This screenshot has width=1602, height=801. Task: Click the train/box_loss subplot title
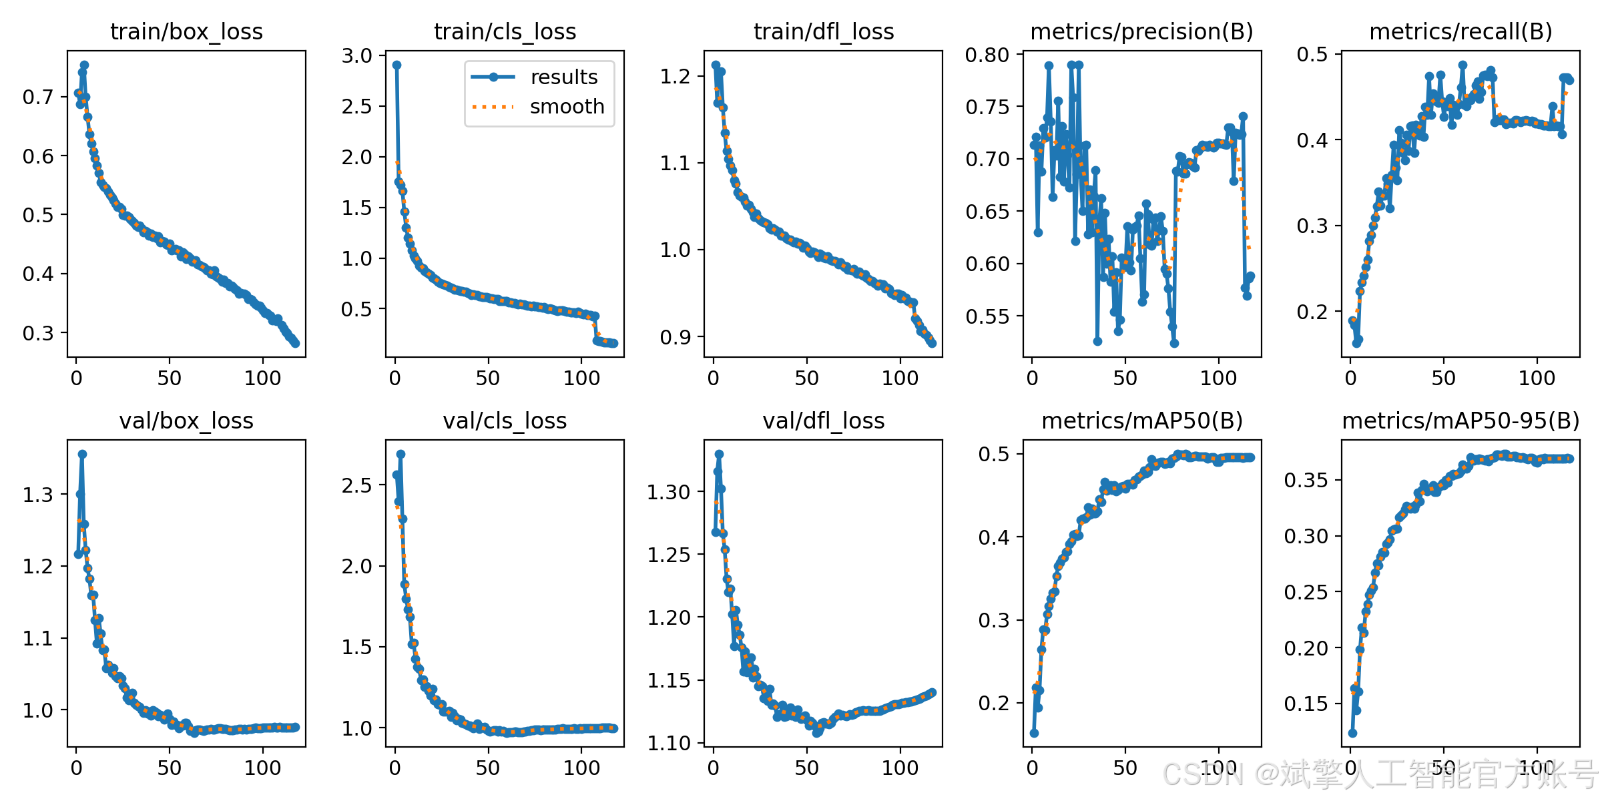[186, 32]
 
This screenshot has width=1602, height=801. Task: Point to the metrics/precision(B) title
[1141, 32]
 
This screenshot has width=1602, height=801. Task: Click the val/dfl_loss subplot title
[823, 421]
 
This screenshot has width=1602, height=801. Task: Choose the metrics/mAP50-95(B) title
[1460, 421]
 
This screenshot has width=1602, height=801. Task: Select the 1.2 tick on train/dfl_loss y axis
[675, 76]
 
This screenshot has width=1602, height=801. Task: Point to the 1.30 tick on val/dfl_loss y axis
[668, 493]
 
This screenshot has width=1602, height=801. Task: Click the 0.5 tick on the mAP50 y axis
[994, 455]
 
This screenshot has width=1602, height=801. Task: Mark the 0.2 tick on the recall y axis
[1312, 312]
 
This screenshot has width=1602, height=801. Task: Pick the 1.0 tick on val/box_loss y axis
[38, 711]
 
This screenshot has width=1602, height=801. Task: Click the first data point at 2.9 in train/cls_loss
[396, 65]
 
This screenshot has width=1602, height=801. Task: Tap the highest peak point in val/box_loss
[82, 454]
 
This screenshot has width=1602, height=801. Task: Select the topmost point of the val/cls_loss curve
[400, 454]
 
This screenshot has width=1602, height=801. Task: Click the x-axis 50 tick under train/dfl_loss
[807, 378]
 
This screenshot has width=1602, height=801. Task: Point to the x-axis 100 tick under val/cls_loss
[581, 768]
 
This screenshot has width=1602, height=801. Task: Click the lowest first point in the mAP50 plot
[1034, 733]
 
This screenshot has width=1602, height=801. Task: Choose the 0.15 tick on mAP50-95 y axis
[1306, 704]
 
